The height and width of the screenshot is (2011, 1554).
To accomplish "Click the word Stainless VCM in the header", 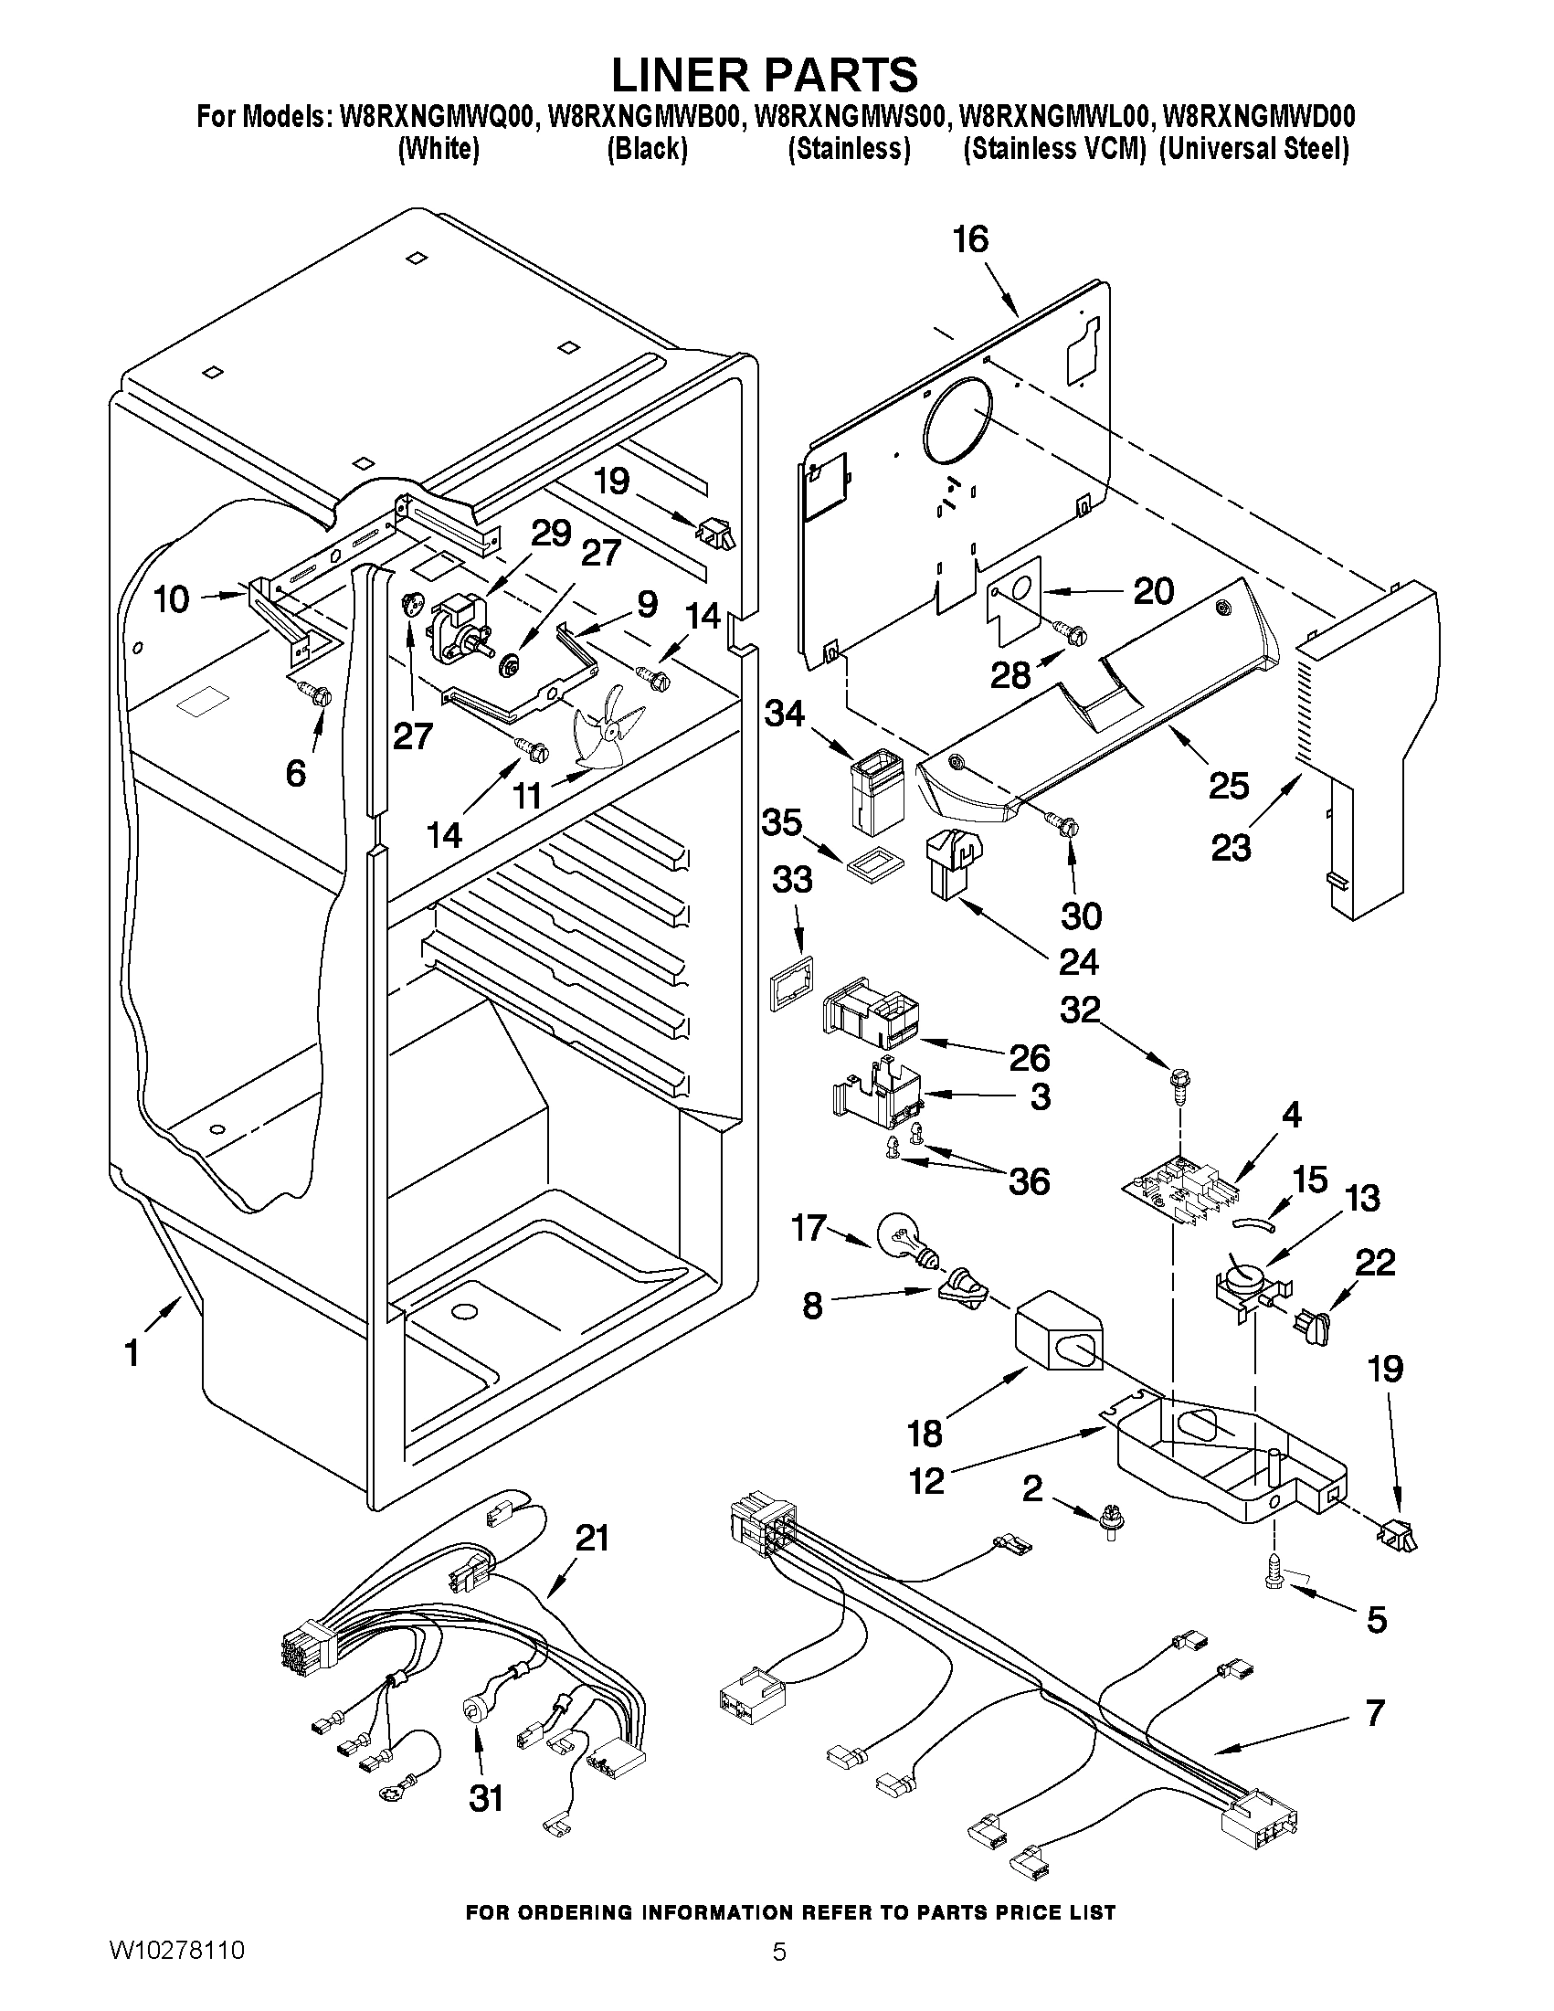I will [1053, 149].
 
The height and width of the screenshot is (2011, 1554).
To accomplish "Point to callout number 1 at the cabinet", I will [132, 1352].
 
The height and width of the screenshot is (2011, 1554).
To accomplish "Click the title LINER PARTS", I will [764, 74].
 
